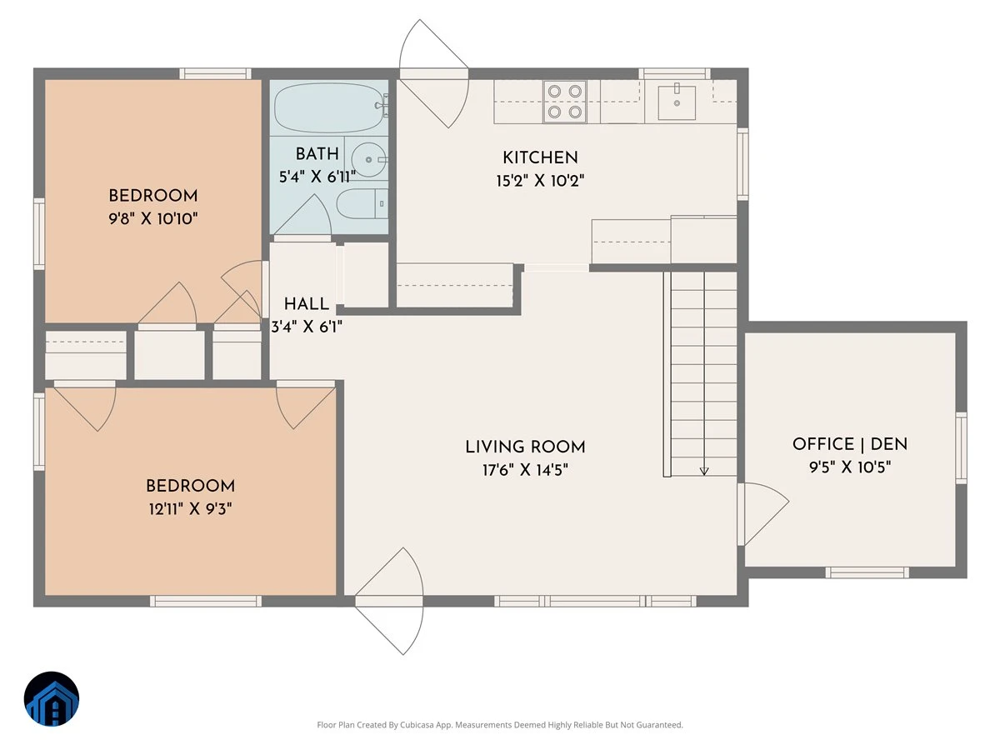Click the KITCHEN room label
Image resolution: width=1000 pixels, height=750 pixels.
[540, 158]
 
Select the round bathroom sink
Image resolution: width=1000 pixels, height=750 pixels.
[368, 159]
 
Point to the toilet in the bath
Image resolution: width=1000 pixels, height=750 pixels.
[362, 203]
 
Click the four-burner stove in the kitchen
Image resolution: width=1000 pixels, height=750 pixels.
[564, 101]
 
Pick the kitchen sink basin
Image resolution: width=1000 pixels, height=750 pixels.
[677, 102]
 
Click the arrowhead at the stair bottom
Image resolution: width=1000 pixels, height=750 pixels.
[704, 472]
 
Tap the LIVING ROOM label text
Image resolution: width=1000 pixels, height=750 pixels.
[525, 447]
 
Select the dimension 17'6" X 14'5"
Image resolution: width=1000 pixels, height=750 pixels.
[525, 469]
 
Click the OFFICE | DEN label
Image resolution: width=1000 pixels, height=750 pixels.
[850, 444]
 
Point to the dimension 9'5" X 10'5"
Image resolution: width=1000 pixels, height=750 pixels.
[850, 467]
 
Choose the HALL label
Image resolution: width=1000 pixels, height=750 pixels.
[306, 303]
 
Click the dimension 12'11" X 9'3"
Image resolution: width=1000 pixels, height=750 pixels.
[191, 508]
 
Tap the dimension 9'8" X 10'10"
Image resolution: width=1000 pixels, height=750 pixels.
[153, 218]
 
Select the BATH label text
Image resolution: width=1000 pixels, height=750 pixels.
[317, 154]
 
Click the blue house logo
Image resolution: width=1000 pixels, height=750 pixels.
[52, 699]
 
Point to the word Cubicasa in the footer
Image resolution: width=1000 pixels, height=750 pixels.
[417, 724]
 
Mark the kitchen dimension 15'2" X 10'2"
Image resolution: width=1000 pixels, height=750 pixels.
[540, 181]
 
